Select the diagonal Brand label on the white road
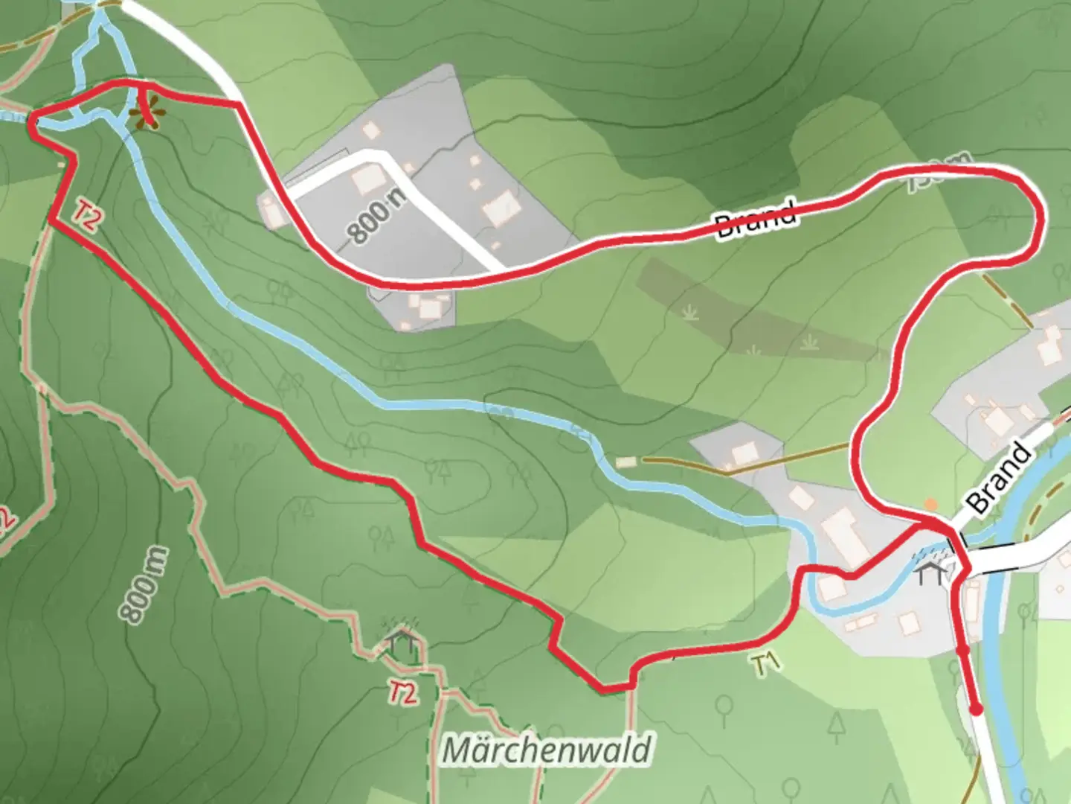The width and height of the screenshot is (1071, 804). tap(1000, 477)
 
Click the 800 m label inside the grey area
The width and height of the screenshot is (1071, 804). tap(378, 213)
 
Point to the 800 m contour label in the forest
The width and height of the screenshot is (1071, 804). tap(144, 585)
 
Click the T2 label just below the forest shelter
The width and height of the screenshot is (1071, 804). tap(402, 693)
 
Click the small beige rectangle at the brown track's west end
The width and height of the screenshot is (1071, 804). tap(626, 462)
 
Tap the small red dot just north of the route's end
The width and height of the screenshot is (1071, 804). tap(962, 651)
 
